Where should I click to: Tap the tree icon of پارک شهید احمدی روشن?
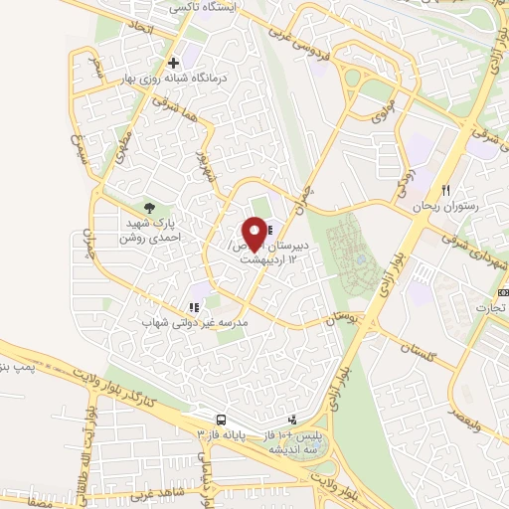[150, 208]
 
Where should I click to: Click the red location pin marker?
[254, 234]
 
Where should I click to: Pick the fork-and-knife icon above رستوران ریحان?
[447, 189]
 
